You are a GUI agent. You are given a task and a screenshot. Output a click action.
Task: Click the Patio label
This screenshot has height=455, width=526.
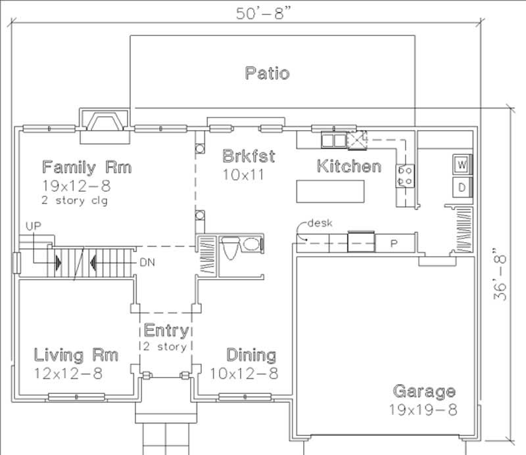(x=267, y=72)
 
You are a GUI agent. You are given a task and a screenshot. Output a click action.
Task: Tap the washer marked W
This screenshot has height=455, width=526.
(x=462, y=163)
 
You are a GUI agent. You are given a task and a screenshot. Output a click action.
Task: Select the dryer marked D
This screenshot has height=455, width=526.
(x=462, y=188)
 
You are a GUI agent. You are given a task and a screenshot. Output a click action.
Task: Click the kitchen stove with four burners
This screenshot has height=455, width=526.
(x=404, y=175)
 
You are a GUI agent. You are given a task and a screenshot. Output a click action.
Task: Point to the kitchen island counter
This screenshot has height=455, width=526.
(x=330, y=191)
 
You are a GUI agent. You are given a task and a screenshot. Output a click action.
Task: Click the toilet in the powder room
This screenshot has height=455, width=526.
(x=229, y=248)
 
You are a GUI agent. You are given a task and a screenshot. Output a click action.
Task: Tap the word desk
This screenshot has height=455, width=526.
(x=320, y=223)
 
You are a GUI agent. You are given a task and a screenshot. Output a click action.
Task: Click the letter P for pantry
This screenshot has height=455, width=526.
(x=394, y=242)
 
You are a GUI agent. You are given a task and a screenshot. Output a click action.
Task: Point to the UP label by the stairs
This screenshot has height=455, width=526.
(x=33, y=225)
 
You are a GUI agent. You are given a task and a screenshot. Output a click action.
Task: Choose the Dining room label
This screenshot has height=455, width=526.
(x=251, y=355)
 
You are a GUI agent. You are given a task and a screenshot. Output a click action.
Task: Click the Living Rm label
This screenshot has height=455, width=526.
(x=76, y=355)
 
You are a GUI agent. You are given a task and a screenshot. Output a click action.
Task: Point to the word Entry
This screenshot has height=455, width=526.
(x=166, y=330)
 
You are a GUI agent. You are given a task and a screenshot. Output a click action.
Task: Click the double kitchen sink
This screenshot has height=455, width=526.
(x=333, y=139)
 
